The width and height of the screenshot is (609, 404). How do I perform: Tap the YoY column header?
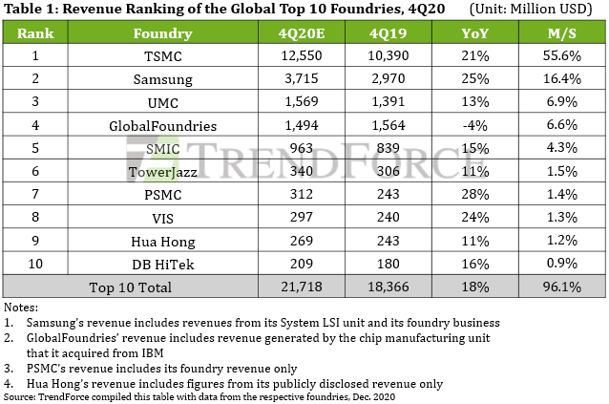(x=472, y=34)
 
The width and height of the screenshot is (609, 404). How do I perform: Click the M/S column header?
(x=561, y=34)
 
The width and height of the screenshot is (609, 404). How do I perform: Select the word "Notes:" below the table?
(x=22, y=308)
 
